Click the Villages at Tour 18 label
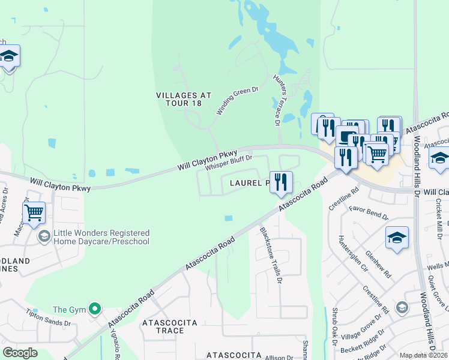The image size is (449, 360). tap(179, 99)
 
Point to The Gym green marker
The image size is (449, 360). tap(94, 310)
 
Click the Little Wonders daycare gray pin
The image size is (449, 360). tap(43, 236)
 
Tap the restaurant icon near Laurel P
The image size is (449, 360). tap(281, 181)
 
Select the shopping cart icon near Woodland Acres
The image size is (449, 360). tap(34, 212)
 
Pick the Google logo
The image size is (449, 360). tap(20, 353)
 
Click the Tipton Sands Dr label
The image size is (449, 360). tap(49, 317)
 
